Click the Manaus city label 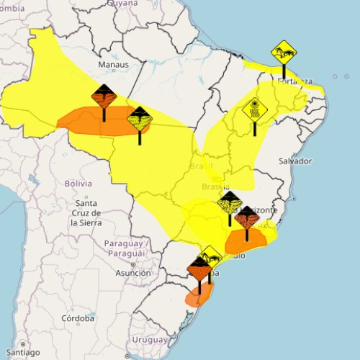[x=114, y=65]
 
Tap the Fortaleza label [x=295, y=81]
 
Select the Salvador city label [x=294, y=161]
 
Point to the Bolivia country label [x=78, y=184]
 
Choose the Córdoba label [x=78, y=318]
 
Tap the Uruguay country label [x=150, y=339]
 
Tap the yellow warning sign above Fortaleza [x=283, y=53]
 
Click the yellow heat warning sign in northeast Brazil [x=254, y=110]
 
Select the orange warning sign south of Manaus [x=104, y=96]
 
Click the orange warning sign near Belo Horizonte [x=247, y=217]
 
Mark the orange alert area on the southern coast [x=201, y=295]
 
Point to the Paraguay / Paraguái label [x=126, y=248]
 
